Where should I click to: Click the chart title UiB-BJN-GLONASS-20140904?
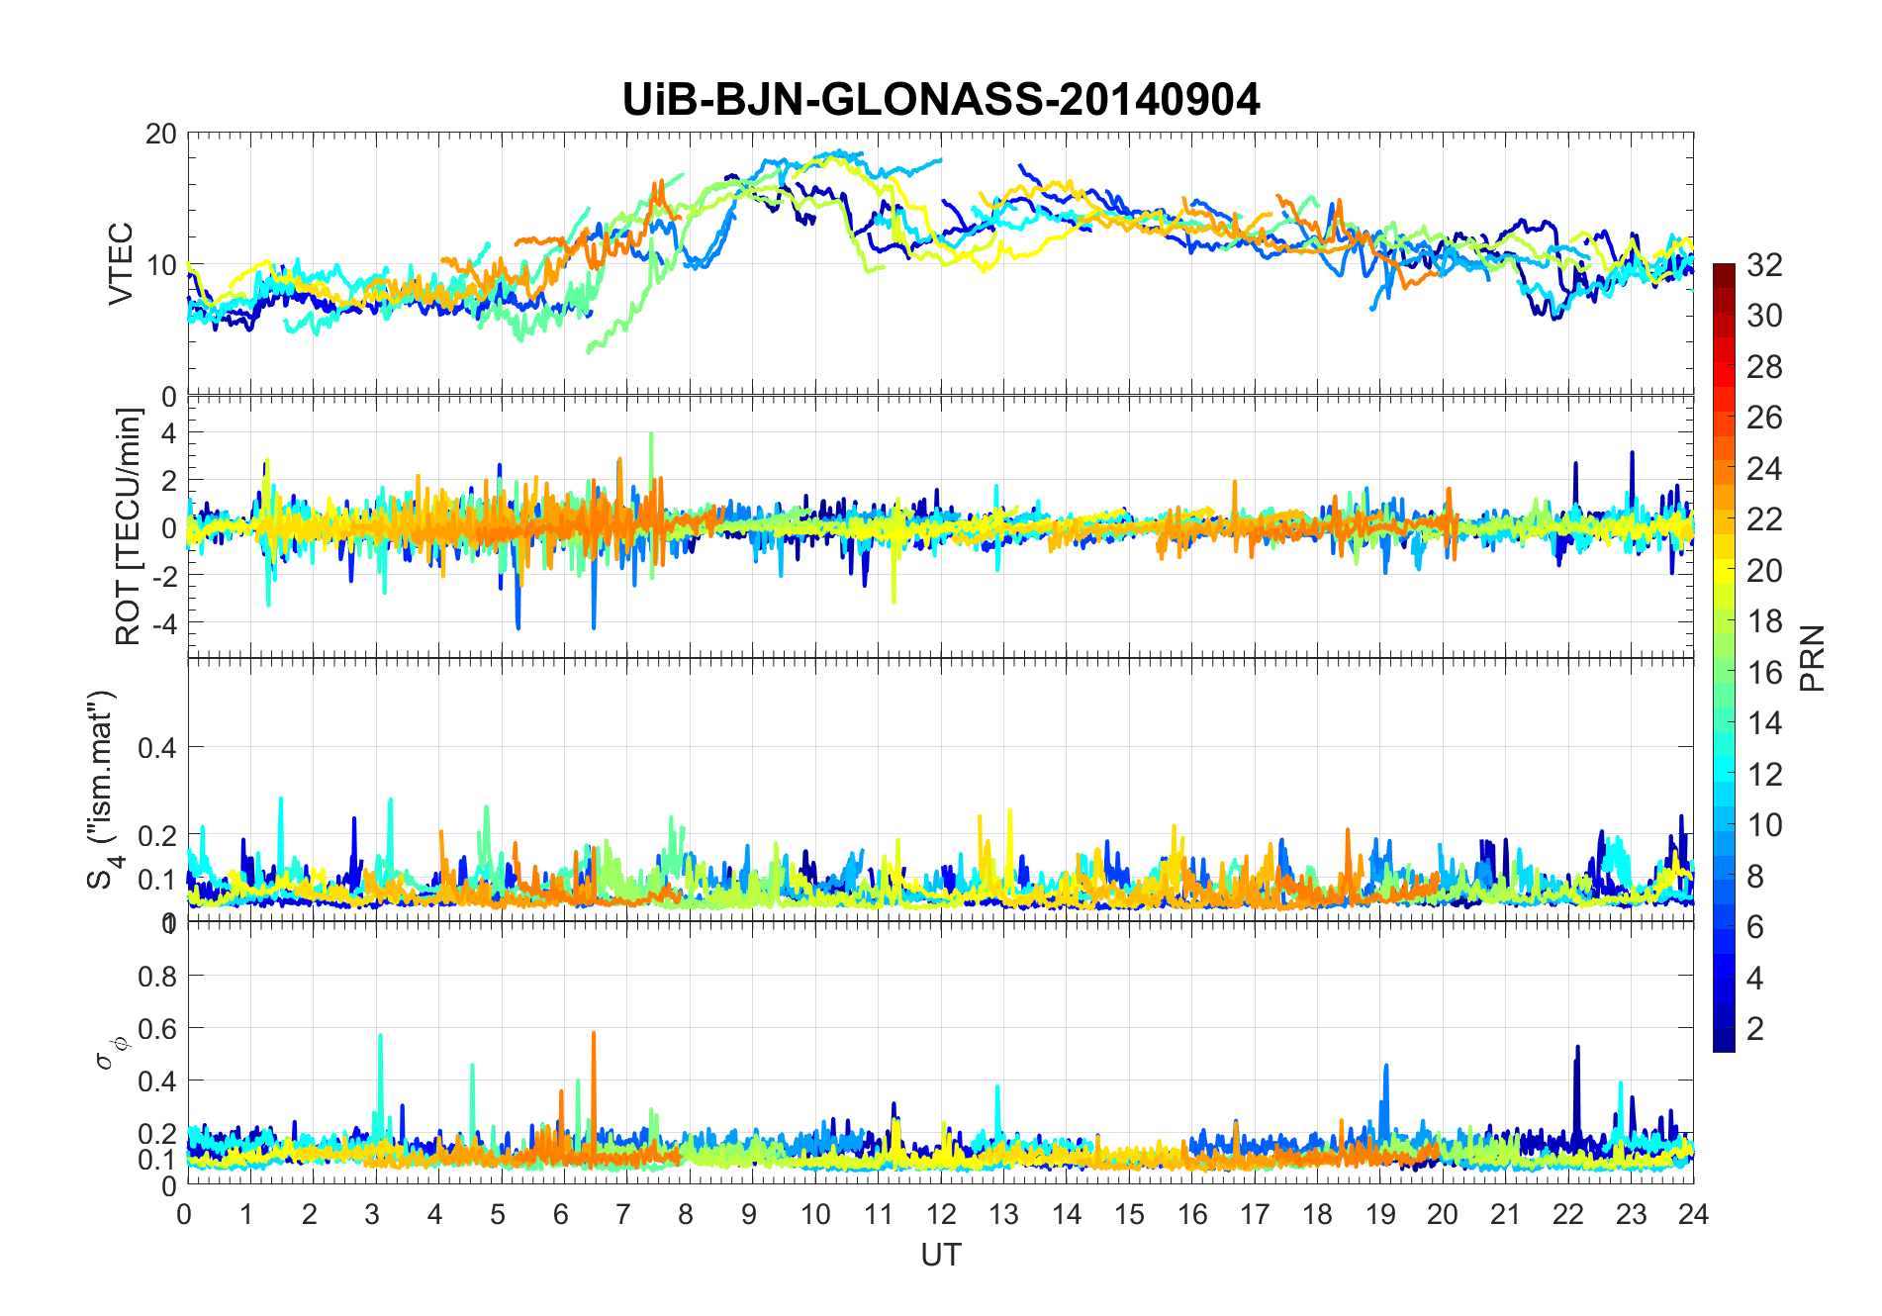[x=941, y=100]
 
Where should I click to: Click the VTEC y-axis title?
[x=120, y=264]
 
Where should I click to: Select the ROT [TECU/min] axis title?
[x=129, y=526]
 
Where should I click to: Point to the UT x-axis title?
[x=940, y=1255]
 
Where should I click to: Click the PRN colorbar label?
[x=1812, y=658]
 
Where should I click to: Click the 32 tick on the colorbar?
[x=1764, y=265]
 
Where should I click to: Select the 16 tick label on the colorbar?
[x=1764, y=673]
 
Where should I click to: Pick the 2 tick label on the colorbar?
[x=1755, y=1029]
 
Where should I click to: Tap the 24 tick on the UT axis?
[x=1693, y=1214]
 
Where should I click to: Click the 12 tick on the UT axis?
[x=940, y=1214]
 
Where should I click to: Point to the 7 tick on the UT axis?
[x=624, y=1214]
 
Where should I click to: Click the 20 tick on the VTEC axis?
[x=161, y=135]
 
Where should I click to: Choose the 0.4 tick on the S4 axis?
[x=156, y=747]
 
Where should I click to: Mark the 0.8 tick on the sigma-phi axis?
[x=156, y=977]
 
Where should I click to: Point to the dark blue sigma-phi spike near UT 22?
[x=1577, y=1049]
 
